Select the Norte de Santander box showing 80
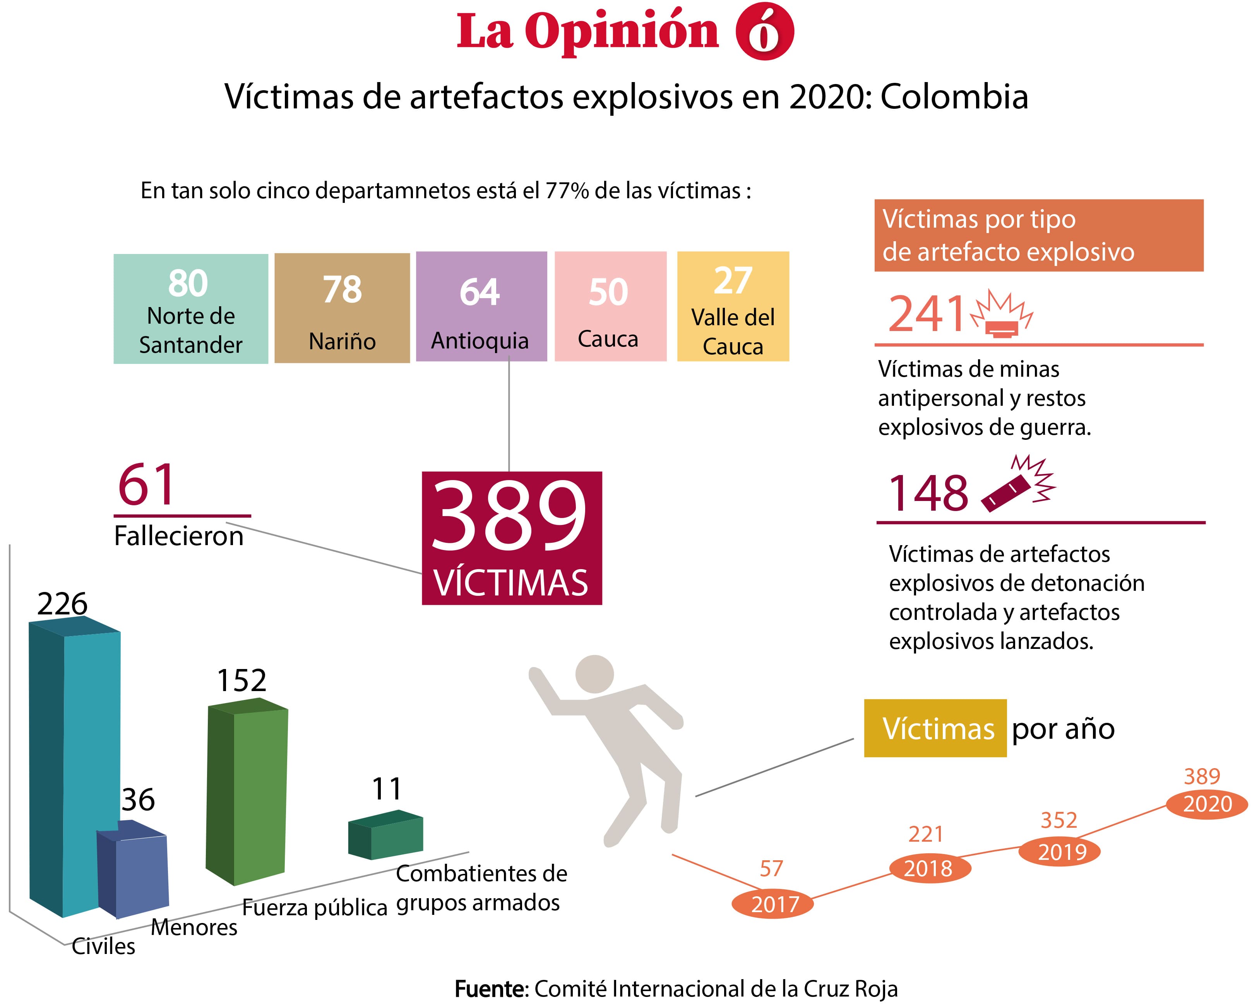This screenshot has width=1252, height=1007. click(190, 309)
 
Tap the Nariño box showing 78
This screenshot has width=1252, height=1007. click(342, 308)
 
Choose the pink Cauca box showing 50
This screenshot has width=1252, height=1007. click(610, 306)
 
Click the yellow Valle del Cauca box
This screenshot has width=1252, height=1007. click(733, 306)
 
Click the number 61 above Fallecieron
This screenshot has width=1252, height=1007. click(146, 485)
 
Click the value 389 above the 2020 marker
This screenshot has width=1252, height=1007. click(1201, 776)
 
